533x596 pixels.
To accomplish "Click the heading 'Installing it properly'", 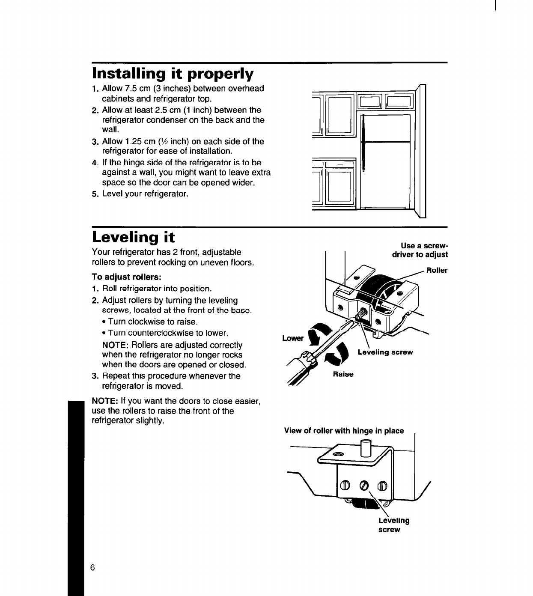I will click(173, 74).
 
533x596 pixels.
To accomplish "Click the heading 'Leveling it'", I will click(134, 237).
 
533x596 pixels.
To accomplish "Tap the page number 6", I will click(92, 568).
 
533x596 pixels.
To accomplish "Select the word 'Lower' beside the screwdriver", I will click(292, 339).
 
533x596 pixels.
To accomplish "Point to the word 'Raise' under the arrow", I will click(343, 374).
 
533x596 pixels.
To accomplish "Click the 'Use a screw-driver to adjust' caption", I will click(420, 250).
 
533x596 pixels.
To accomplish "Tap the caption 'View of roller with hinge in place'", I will click(344, 431).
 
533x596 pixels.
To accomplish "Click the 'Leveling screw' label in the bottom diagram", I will click(393, 525).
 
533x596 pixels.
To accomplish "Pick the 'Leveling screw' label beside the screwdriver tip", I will click(385, 352).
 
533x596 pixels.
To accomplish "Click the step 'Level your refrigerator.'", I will click(145, 194).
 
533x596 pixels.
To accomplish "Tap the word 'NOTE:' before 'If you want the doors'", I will click(105, 402).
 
